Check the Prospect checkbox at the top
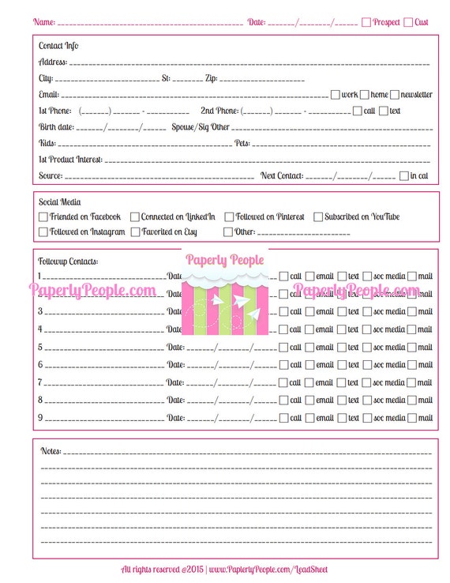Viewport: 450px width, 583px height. tap(366, 22)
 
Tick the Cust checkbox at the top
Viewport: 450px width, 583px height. tap(408, 22)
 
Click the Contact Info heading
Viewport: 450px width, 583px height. tap(58, 46)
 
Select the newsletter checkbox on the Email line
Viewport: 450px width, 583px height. tap(395, 95)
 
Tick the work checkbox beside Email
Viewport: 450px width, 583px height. tap(336, 95)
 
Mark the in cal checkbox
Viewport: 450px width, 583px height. tap(404, 175)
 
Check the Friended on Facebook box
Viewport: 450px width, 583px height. tap(43, 216)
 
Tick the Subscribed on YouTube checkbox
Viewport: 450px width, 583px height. tap(318, 216)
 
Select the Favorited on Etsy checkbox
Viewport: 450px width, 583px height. tap(136, 232)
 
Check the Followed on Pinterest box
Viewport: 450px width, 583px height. tap(229, 216)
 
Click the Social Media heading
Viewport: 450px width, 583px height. tap(60, 202)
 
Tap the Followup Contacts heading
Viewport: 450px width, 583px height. tap(68, 261)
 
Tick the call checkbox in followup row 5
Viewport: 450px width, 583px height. tap(283, 347)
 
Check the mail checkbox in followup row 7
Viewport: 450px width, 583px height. tap(412, 382)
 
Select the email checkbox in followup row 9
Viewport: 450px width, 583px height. tap(309, 418)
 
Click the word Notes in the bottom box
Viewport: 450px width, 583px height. tap(51, 451)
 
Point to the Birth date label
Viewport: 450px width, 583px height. tap(56, 126)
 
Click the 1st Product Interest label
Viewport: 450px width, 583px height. tap(70, 159)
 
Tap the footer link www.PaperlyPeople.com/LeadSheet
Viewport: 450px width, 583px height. tap(268, 569)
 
